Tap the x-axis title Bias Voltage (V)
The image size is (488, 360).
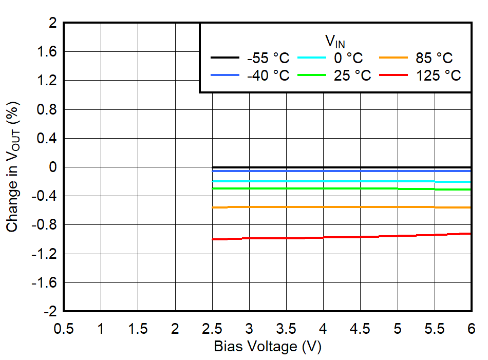tap(268, 347)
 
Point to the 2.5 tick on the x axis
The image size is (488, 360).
tap(212, 328)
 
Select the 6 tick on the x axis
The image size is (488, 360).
tap(470, 328)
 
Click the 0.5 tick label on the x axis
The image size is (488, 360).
tap(64, 328)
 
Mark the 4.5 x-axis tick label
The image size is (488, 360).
tap(360, 328)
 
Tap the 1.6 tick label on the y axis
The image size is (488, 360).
tap(46, 52)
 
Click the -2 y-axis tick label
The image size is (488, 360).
tap(50, 311)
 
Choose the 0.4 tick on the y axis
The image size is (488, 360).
tap(46, 138)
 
